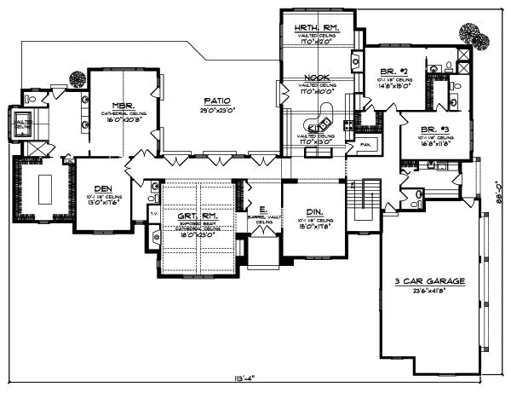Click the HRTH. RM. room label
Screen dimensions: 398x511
[x=317, y=28]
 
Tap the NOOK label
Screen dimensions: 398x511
[x=317, y=78]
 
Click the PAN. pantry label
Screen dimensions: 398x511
[x=367, y=145]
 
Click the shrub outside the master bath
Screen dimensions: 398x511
[x=78, y=78]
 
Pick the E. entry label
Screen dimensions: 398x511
[x=262, y=209]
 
